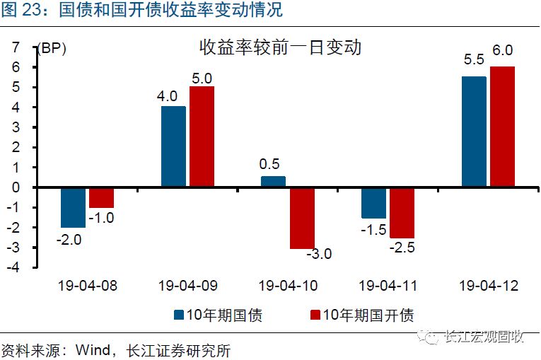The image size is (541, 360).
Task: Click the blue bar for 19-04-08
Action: [73, 207]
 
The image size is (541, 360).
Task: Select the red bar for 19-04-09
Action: [202, 137]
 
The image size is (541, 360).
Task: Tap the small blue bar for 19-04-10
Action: [273, 182]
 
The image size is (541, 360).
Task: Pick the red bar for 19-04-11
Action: [402, 212]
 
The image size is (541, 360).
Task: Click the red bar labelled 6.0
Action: [502, 127]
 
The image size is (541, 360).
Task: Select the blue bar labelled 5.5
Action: [474, 132]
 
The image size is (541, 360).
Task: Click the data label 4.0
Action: [168, 96]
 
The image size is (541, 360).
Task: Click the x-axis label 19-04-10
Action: [288, 286]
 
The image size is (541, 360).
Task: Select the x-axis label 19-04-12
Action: [489, 286]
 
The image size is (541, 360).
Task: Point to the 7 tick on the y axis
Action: [16, 47]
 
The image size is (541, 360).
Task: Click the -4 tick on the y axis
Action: [13, 267]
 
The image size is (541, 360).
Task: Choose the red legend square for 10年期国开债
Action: [315, 315]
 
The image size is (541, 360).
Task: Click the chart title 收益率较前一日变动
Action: [280, 47]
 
